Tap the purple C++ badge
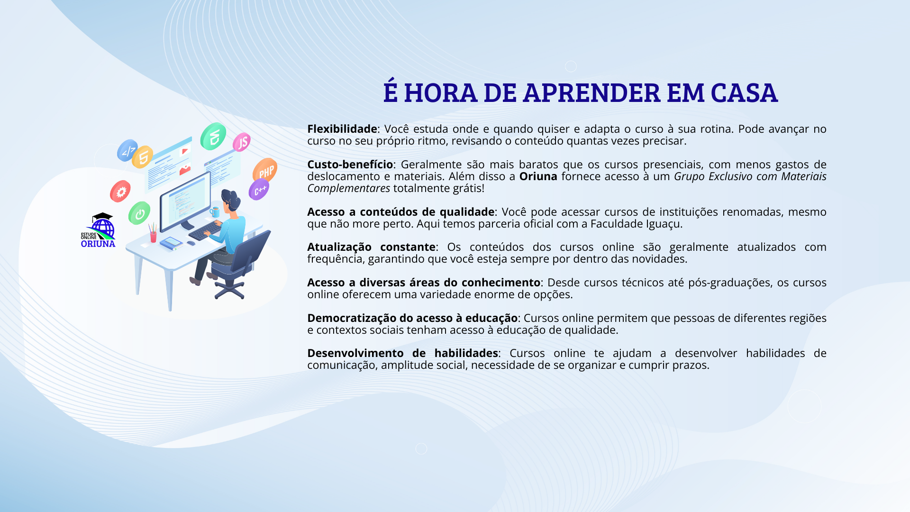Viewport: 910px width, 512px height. coord(259,190)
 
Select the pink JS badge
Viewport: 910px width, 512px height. coord(242,142)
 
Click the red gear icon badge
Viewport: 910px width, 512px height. coord(120,191)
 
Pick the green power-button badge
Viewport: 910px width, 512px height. coord(139,213)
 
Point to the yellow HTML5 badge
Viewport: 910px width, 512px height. coord(143,157)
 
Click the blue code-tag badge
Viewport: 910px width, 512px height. coord(127,150)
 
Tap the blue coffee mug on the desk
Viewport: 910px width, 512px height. coord(215,212)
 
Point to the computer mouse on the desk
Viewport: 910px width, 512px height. coord(191,243)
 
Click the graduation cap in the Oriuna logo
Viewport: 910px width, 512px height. coord(102,217)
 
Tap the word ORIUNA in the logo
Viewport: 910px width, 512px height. coord(98,244)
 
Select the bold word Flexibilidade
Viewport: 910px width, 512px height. coord(342,129)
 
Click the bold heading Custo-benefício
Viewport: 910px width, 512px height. coord(350,165)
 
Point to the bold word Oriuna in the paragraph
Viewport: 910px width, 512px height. coord(538,176)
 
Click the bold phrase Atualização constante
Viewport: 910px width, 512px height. coord(371,247)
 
